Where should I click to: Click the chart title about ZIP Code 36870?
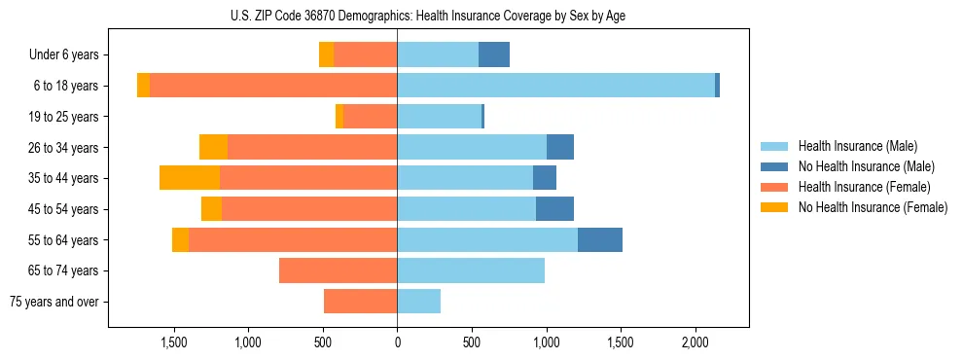coord(428,16)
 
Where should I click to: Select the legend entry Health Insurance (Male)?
coord(857,146)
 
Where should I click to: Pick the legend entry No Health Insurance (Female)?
coord(873,207)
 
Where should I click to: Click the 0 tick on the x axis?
coord(397,343)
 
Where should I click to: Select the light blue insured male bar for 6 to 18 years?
coord(555,86)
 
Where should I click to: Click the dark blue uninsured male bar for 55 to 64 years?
coord(599,239)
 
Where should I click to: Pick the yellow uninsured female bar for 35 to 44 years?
coord(189,178)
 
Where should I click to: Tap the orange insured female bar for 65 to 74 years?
coord(338,270)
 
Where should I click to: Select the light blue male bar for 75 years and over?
coord(418,302)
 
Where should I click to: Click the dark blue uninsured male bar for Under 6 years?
coord(493,55)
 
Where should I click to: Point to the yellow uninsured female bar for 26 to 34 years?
coord(213,147)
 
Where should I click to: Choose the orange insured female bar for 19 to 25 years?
coord(370,117)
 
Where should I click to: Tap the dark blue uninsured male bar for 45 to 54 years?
coord(554,209)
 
